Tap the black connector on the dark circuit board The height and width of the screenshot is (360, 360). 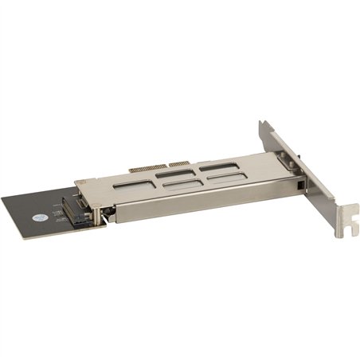[79, 209]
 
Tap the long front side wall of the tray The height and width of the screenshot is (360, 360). [199, 208]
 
